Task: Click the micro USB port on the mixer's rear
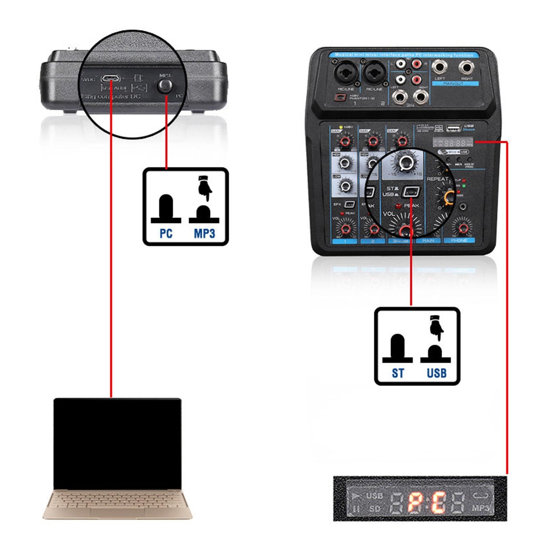tap(111, 78)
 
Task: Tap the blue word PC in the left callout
tap(166, 233)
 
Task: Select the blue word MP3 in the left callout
tap(204, 233)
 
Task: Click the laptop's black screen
tap(117, 444)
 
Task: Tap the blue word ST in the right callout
tap(398, 373)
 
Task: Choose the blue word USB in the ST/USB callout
tap(436, 373)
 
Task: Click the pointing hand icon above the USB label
tap(436, 327)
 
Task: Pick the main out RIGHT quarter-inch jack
tap(467, 68)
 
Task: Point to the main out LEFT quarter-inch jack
tap(440, 68)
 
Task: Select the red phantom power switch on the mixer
tap(340, 98)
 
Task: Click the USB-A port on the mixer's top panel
tap(453, 129)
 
